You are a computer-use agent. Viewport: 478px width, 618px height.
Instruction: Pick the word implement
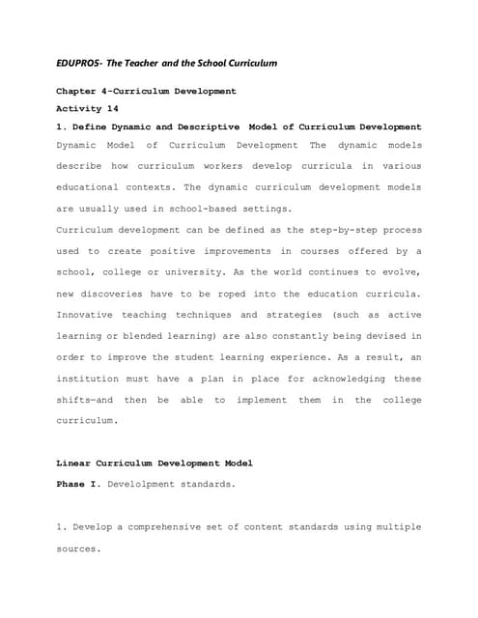point(254,400)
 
